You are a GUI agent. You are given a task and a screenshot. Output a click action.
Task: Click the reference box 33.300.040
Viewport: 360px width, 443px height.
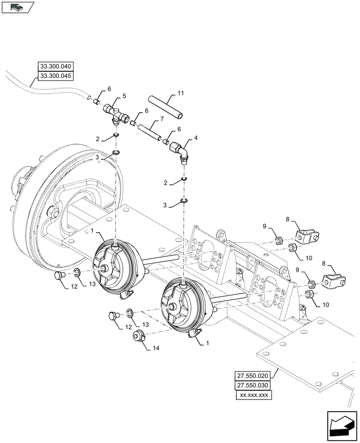(55, 66)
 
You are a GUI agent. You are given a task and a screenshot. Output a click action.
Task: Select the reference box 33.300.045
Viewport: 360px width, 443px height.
(55, 76)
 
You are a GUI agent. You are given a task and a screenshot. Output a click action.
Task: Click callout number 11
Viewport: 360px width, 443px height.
(180, 93)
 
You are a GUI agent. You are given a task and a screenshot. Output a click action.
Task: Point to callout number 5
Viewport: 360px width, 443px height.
(125, 95)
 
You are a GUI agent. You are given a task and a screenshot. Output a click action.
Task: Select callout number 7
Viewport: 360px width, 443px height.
(162, 120)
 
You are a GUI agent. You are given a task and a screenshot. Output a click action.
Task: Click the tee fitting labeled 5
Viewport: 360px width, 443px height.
(114, 112)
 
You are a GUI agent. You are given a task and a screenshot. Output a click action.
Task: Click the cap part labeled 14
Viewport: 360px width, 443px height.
(139, 336)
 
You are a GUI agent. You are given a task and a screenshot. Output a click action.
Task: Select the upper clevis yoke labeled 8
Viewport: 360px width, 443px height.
(307, 237)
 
